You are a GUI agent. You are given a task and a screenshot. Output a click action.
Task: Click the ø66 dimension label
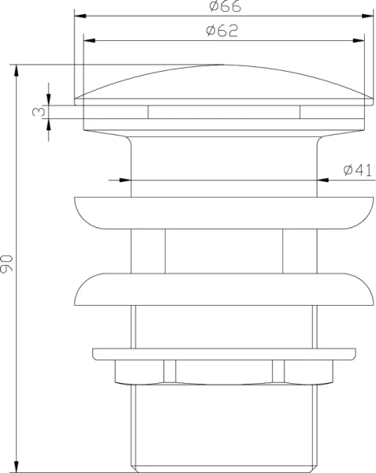(225, 7)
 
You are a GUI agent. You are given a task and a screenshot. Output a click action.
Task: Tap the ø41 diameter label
(357, 170)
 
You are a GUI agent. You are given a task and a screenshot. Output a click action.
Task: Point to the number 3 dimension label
(36, 112)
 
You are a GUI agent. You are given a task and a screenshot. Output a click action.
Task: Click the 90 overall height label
(7, 263)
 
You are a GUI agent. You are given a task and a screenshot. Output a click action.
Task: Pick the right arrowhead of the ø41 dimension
(322, 180)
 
